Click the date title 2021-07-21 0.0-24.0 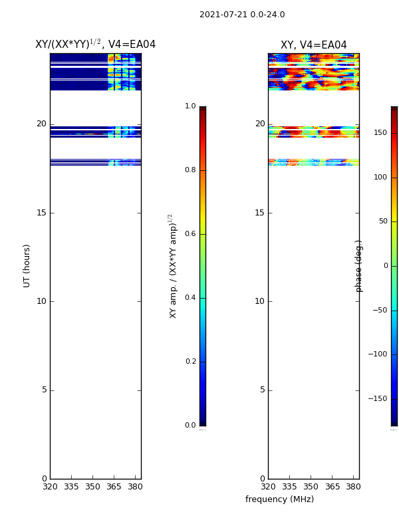point(242,15)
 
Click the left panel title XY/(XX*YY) point(68,44)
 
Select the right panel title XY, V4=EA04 point(313,45)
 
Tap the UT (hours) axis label point(27,266)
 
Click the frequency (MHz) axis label point(279,499)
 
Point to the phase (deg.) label point(358,267)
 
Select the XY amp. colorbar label point(173,267)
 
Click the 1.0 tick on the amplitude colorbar point(190,106)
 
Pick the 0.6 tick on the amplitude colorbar point(190,234)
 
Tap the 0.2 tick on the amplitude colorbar point(190,361)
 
